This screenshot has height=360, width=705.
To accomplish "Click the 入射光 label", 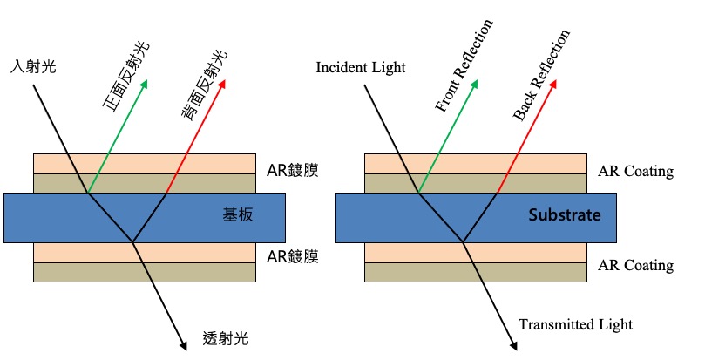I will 33,65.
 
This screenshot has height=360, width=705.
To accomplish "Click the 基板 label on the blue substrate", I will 239,215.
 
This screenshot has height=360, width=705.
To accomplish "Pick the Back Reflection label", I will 541,75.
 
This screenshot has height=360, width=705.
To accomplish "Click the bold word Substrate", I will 565,215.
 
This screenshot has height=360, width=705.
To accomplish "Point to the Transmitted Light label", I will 575,324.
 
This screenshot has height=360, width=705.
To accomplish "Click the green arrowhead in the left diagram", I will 144,85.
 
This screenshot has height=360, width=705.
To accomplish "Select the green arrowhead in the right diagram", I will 475,85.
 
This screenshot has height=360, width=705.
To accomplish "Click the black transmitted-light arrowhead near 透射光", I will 183,345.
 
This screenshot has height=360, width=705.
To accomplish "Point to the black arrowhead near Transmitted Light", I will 514,345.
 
